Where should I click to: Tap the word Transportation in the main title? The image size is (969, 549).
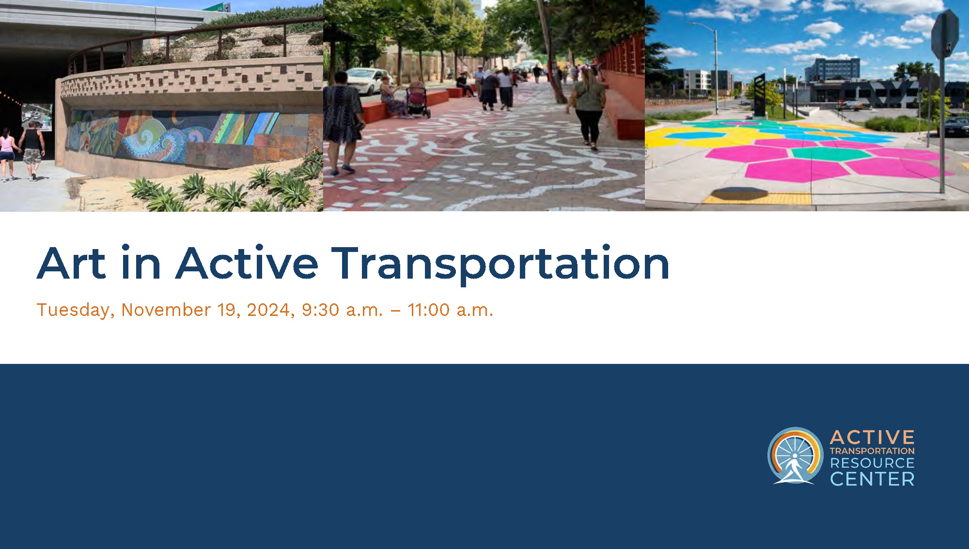pos(500,264)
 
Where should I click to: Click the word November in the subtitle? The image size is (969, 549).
pos(166,310)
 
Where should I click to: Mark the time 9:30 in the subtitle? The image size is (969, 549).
pos(320,310)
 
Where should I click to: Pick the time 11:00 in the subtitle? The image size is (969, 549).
pos(429,310)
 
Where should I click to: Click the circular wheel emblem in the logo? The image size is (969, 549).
pos(795,455)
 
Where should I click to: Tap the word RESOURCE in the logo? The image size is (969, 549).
pos(872,463)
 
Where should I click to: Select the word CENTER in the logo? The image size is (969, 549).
pos(872,479)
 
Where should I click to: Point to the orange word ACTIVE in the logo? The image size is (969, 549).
pos(872,438)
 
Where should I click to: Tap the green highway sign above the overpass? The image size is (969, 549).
pos(216,7)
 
